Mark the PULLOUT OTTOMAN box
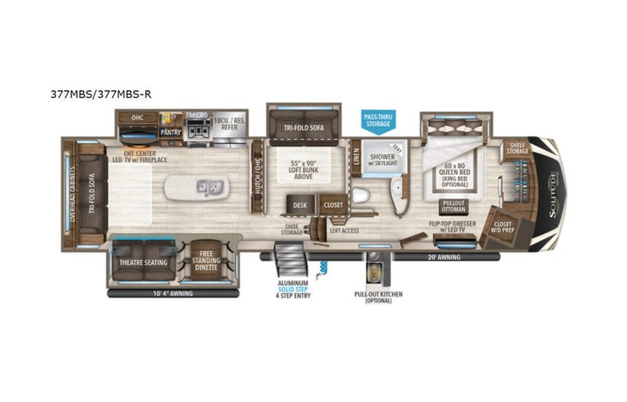pyautogui.click(x=454, y=207)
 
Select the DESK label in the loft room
pyautogui.click(x=299, y=205)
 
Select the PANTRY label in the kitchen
pyautogui.click(x=170, y=133)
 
